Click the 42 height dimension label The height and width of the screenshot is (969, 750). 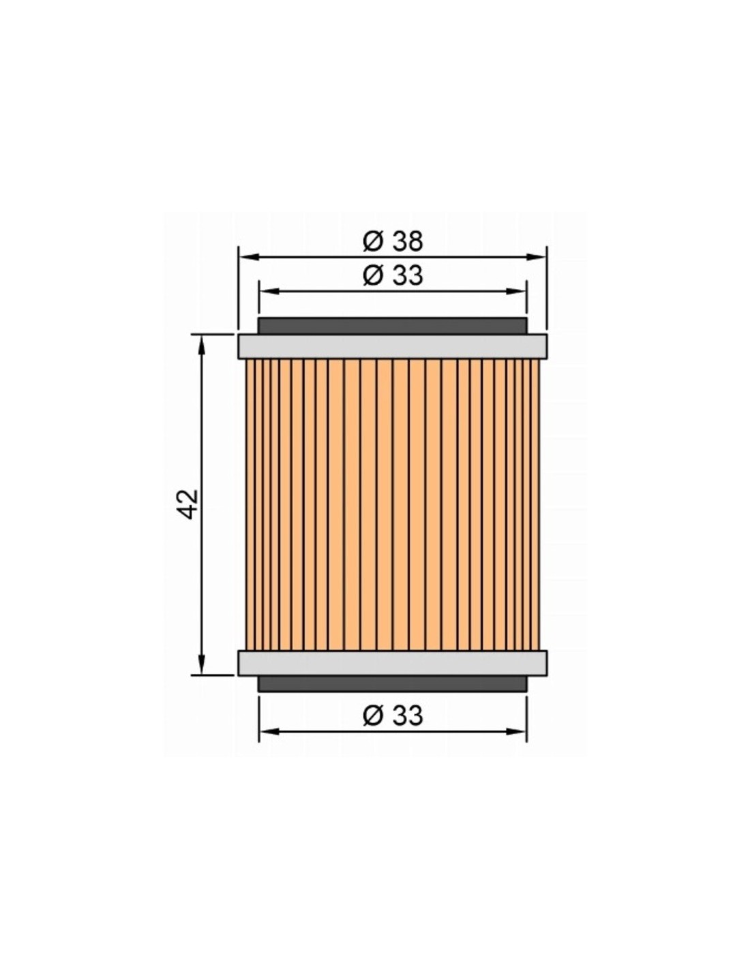pos(187,504)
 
